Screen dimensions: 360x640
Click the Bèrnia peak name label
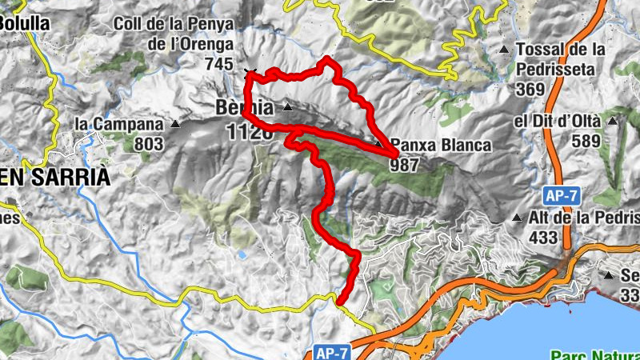click(x=244, y=107)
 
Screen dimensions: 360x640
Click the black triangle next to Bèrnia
click(x=286, y=107)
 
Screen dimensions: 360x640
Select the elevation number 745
click(x=219, y=64)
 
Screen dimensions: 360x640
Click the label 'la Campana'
click(x=120, y=124)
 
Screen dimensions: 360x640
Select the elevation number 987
click(x=406, y=166)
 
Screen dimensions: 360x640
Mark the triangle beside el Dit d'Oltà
click(x=612, y=122)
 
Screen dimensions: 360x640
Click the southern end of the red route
click(x=340, y=302)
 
